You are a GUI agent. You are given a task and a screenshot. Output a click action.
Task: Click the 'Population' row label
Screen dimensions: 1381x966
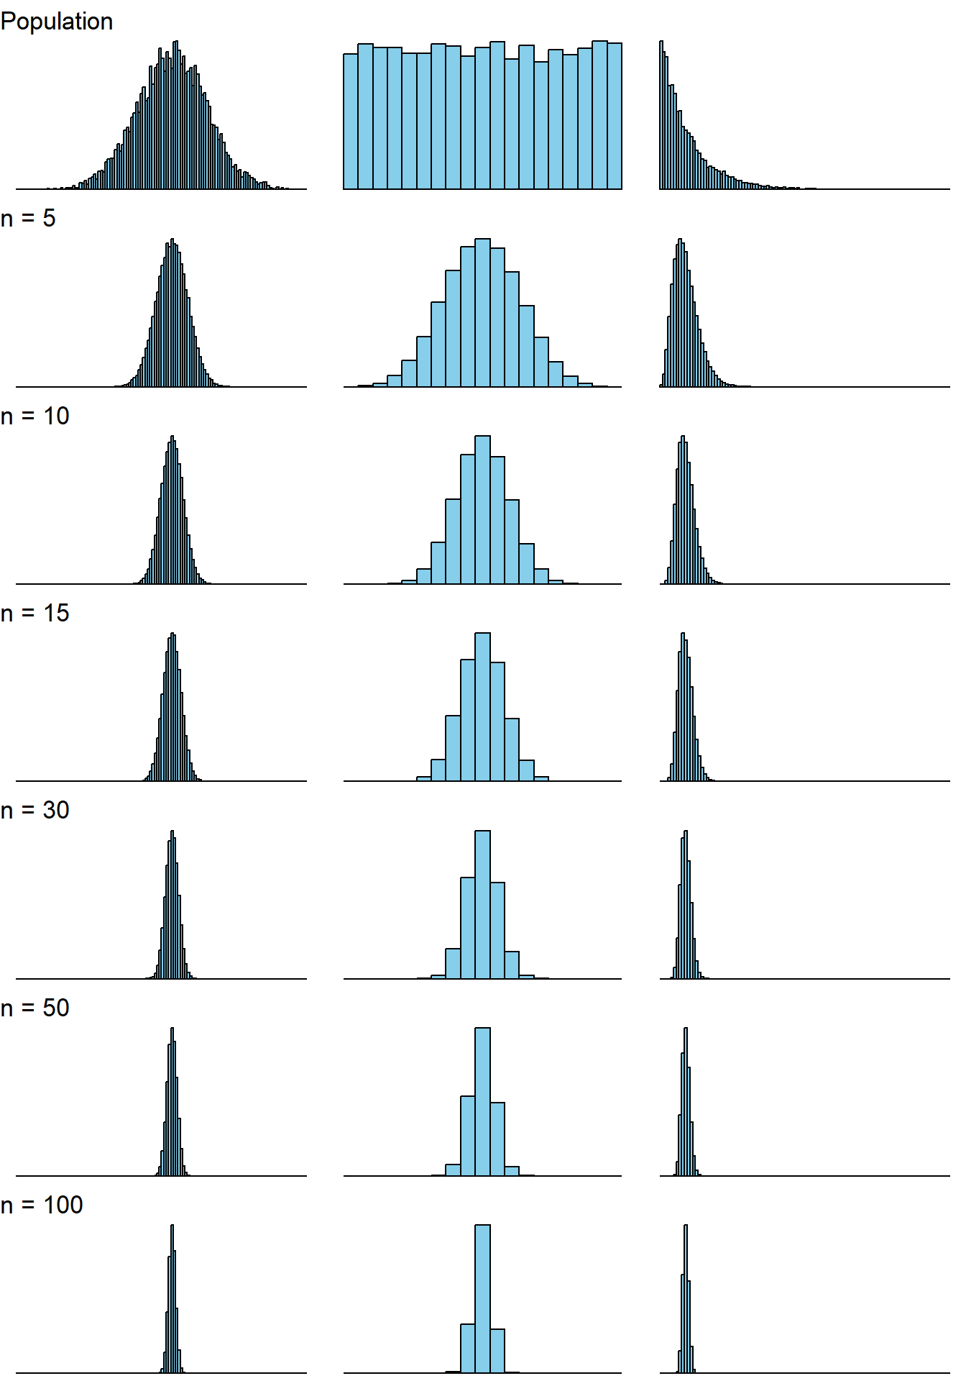click(57, 22)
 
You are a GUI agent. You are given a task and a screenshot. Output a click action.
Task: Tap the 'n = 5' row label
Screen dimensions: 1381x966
click(28, 218)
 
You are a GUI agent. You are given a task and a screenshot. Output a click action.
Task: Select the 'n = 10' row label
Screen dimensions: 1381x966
click(35, 416)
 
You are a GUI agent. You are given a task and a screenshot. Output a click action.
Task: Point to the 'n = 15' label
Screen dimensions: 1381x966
click(35, 613)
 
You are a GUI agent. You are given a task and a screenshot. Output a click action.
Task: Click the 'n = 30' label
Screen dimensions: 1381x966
click(35, 810)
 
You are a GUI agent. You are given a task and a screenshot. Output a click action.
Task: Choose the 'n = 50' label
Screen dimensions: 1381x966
click(35, 1008)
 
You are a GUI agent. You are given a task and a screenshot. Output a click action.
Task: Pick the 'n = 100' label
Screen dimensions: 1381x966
click(42, 1205)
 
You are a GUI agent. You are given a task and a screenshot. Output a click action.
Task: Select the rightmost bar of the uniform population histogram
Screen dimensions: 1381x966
click(615, 116)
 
